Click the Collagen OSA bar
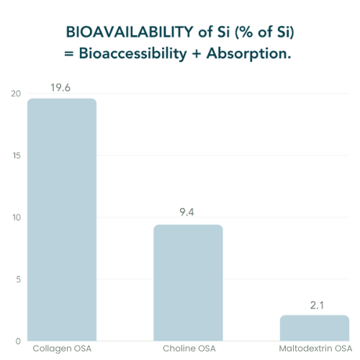(x=62, y=220)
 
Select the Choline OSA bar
(x=188, y=283)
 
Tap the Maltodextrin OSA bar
(x=315, y=328)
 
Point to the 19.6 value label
(x=60, y=88)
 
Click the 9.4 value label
(x=186, y=212)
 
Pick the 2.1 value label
(x=317, y=305)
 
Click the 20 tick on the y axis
(x=16, y=94)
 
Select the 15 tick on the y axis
(x=17, y=156)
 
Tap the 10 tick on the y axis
(x=17, y=217)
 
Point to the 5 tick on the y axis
(x=19, y=279)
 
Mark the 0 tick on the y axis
(x=18, y=341)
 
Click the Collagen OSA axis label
(x=62, y=348)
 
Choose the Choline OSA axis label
(x=189, y=348)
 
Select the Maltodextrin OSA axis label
(x=315, y=348)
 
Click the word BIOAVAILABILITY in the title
(x=130, y=32)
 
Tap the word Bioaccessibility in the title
(x=133, y=53)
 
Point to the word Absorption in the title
(x=249, y=54)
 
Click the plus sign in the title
(x=197, y=54)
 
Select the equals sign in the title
(x=68, y=54)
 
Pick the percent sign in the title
(x=246, y=32)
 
